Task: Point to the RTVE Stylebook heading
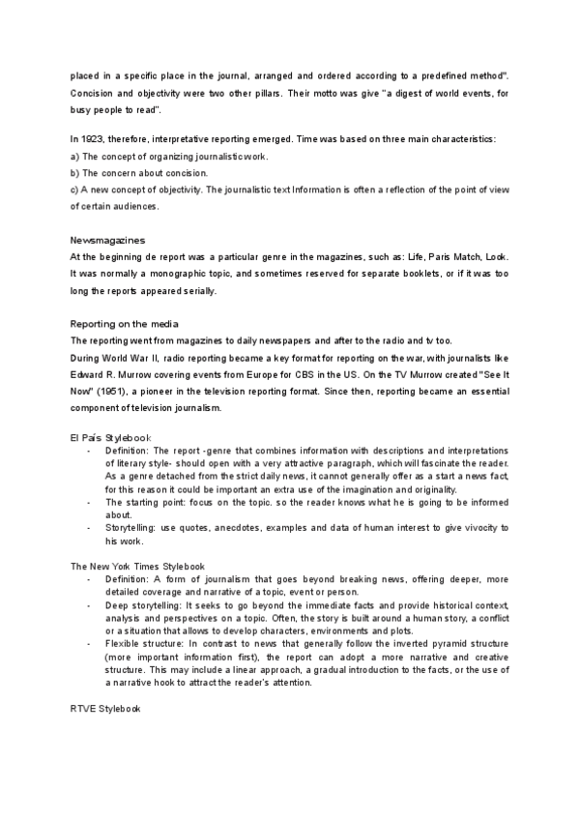[106, 710]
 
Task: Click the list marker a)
[74, 157]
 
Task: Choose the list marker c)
[74, 190]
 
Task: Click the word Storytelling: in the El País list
[134, 527]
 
